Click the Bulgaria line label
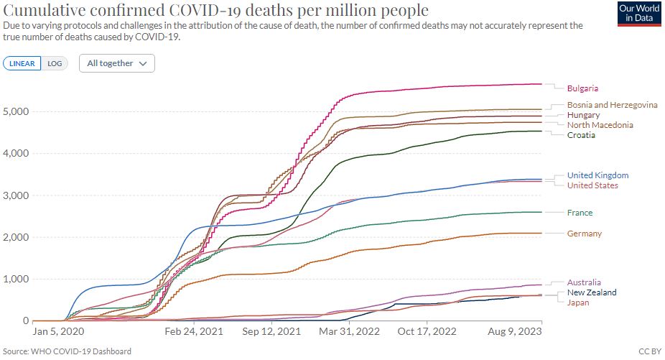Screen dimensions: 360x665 [582, 88]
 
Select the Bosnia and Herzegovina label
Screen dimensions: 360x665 [612, 105]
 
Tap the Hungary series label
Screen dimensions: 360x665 [583, 115]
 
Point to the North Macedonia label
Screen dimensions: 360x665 [600, 125]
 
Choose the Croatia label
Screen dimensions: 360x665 [581, 135]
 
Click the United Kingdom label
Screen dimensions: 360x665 [597, 175]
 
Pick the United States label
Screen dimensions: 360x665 [592, 185]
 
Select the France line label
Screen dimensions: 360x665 [580, 213]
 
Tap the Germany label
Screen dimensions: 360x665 [584, 234]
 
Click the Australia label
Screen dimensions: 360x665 [584, 282]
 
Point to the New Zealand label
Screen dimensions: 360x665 [591, 292]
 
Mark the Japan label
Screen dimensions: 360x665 [578, 303]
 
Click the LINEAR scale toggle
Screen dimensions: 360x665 [22, 63]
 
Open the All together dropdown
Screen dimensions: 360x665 [116, 63]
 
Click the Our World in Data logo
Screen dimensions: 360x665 [638, 13]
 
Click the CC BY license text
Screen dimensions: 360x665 [648, 351]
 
